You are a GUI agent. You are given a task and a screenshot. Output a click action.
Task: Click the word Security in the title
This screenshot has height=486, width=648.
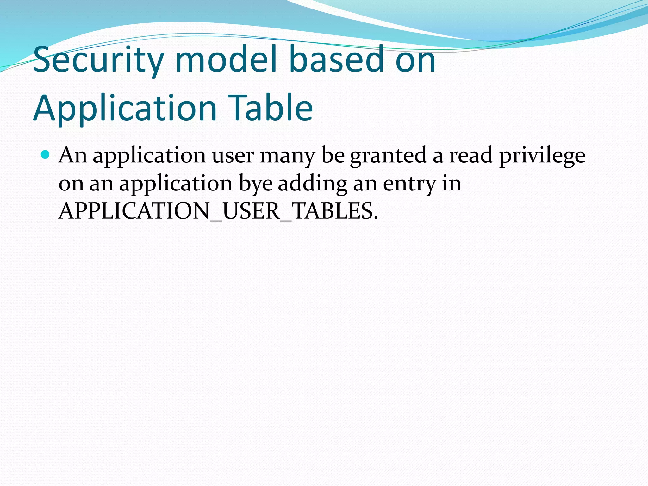[98, 59]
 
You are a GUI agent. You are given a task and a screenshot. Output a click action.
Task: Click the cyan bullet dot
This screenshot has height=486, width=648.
[46, 155]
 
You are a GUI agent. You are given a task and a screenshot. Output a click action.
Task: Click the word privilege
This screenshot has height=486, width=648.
[542, 156]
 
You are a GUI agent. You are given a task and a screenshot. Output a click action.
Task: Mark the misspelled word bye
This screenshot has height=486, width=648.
[256, 184]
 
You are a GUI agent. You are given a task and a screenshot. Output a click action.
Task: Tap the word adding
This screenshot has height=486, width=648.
[313, 184]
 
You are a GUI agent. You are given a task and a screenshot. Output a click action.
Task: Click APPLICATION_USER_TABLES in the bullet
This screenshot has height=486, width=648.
[218, 211]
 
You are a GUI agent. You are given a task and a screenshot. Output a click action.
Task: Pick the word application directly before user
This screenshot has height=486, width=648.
[149, 156]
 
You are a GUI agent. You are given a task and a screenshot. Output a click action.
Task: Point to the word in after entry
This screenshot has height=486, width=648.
[452, 184]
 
